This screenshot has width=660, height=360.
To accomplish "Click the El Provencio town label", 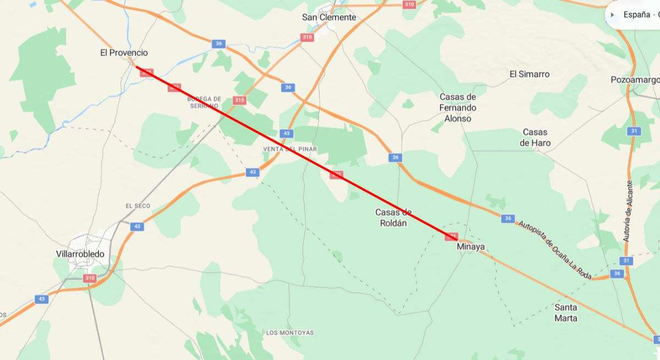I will [124, 53].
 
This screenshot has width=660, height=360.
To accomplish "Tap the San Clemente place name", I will [329, 18].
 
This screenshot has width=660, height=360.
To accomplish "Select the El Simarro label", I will [529, 74].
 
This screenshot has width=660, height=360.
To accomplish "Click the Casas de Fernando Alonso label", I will [458, 108].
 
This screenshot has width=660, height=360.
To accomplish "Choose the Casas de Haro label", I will [535, 137].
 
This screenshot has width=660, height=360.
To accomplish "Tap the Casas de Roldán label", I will [393, 218].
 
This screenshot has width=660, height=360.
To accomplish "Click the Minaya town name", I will [471, 247].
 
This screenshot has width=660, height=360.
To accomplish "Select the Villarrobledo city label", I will [80, 254].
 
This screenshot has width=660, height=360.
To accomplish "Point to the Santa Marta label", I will [566, 313].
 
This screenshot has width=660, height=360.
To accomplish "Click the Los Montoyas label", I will [290, 333].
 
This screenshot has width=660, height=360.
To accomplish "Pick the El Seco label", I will [137, 206].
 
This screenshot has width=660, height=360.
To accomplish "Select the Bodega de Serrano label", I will [204, 102].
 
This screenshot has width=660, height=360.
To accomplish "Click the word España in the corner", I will [636, 15].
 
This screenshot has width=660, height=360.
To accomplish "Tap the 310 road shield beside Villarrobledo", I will [90, 278].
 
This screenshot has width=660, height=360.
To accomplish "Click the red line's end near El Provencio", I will [137, 68].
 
